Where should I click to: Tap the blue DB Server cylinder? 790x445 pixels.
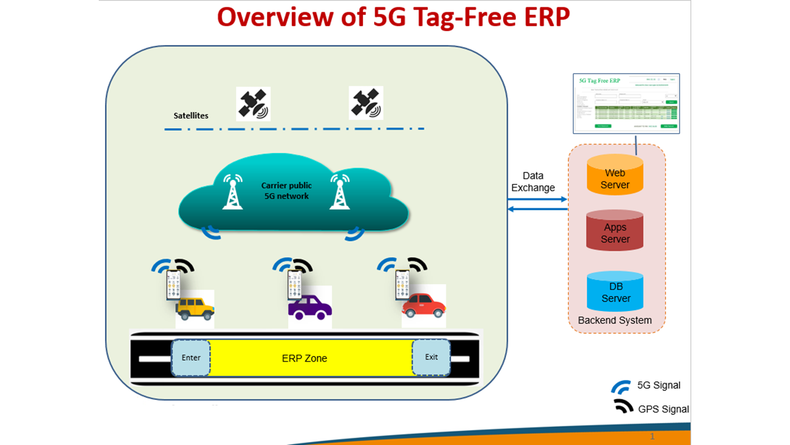615,291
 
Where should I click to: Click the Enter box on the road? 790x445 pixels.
191,358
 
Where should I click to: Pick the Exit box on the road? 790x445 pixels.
431,357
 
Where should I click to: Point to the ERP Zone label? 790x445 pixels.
304,358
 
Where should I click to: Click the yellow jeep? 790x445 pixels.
194,307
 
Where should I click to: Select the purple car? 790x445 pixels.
309,307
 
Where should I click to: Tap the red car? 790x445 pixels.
423,305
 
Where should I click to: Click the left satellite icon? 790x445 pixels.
253,103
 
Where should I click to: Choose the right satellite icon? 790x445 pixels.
366,103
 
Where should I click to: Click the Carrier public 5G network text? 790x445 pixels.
286,190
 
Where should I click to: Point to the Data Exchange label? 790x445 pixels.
533,182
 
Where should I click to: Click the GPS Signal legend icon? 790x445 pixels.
623,407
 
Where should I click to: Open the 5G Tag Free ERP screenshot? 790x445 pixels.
626,103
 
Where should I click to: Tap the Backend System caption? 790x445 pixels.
615,320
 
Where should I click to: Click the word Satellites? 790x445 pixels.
191,116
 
